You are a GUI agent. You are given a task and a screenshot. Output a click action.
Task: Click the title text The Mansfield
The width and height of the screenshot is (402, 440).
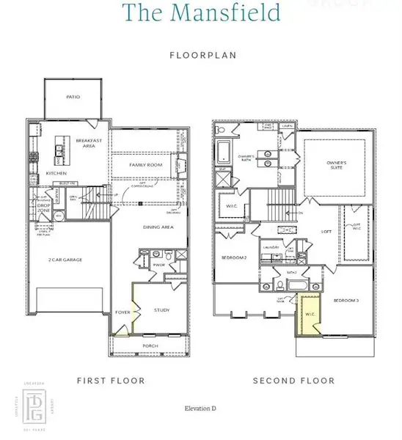(200, 12)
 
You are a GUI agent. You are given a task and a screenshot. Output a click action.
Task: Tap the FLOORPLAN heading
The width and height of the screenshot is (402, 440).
(200, 55)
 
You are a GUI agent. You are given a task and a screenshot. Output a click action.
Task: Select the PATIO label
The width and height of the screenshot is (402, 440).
(73, 97)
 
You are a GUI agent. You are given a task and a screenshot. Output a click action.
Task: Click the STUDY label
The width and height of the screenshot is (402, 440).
(161, 310)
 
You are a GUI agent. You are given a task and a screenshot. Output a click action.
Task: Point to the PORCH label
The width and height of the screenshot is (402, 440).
(150, 345)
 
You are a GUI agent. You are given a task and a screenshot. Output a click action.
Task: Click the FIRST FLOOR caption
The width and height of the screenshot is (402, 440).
(111, 381)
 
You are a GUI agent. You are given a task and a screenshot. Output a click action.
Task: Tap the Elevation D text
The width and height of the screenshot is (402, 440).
(200, 407)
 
